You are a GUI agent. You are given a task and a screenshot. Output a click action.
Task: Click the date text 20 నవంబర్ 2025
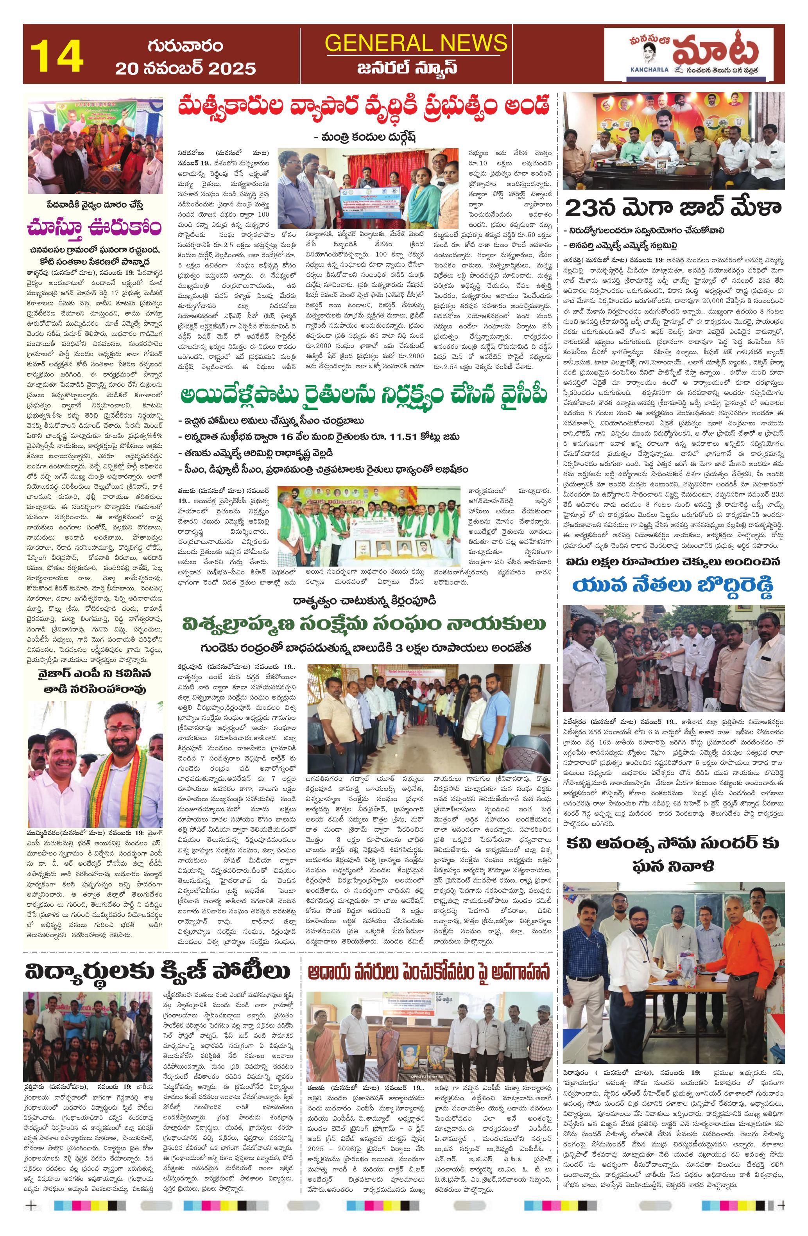pyautogui.click(x=185, y=68)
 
